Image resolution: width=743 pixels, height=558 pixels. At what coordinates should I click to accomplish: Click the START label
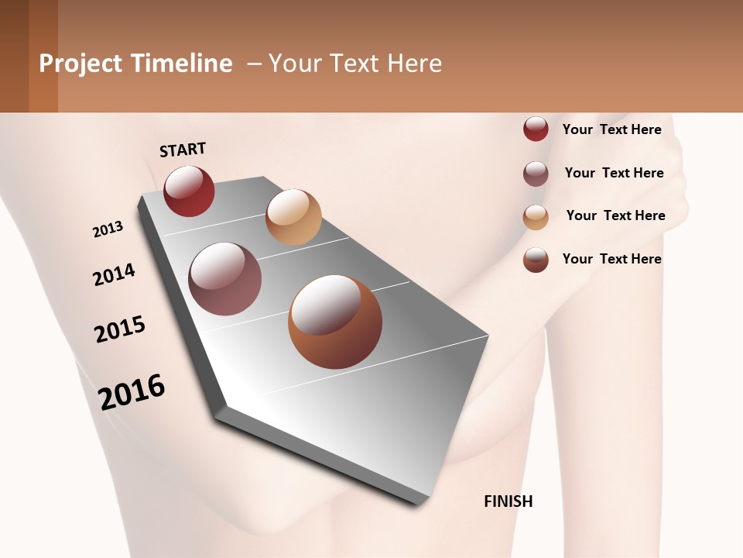click(183, 150)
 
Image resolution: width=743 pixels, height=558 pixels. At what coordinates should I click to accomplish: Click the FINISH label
click(508, 501)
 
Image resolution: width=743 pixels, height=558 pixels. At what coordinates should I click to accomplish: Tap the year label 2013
click(108, 229)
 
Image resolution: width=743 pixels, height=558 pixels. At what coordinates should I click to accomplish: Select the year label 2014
click(115, 274)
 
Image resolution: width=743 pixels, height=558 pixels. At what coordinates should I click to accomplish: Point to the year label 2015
click(120, 329)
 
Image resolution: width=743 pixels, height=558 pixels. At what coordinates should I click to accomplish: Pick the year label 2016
click(132, 391)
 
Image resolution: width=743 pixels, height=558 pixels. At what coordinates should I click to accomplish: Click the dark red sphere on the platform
click(189, 191)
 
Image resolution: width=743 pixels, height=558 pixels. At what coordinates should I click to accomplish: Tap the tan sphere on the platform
click(293, 217)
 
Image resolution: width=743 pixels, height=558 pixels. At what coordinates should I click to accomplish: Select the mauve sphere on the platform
click(224, 279)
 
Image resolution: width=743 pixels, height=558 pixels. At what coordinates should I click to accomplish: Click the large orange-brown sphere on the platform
click(335, 322)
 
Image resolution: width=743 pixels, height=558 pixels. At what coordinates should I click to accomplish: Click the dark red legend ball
click(536, 129)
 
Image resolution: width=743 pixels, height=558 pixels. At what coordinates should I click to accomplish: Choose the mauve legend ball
click(536, 174)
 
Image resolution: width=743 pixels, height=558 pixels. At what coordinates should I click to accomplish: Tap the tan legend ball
click(536, 217)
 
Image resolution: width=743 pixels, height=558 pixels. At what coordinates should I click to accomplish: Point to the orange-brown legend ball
click(536, 260)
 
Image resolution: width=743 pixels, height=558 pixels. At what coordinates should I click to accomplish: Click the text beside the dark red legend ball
click(611, 129)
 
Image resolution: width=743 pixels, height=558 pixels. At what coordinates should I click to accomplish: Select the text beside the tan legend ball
click(615, 215)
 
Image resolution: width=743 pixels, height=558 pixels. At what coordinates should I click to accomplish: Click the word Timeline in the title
click(181, 64)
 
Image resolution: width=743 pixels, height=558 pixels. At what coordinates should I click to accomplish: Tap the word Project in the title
click(80, 64)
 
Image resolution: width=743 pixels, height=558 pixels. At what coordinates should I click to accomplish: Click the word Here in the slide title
click(414, 64)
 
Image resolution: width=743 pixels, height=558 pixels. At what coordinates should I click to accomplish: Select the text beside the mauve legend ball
click(614, 173)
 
